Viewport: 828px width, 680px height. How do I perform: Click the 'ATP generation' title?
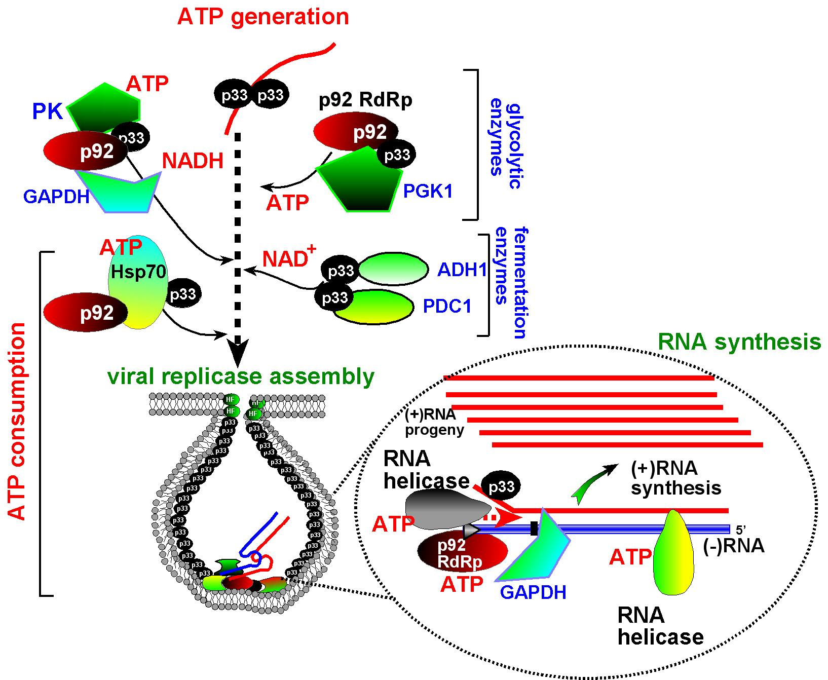pyautogui.click(x=263, y=17)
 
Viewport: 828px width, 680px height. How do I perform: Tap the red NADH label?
pyautogui.click(x=193, y=161)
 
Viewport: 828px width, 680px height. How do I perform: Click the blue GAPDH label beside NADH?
pyautogui.click(x=56, y=196)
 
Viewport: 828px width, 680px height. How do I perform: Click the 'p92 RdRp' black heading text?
pyautogui.click(x=365, y=101)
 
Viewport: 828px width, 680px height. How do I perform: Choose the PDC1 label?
pyautogui.click(x=447, y=306)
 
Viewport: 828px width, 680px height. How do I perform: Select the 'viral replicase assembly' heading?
pyautogui.click(x=241, y=376)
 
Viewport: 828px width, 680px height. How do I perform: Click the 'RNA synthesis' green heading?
pyautogui.click(x=738, y=343)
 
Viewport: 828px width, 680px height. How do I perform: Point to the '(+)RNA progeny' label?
pyautogui.click(x=434, y=422)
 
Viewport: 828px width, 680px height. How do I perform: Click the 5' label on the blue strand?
pyautogui.click(x=740, y=530)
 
